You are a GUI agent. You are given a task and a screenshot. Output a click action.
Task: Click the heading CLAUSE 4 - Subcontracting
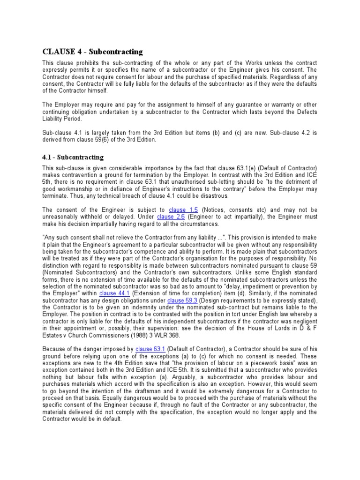(x=93, y=52)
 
